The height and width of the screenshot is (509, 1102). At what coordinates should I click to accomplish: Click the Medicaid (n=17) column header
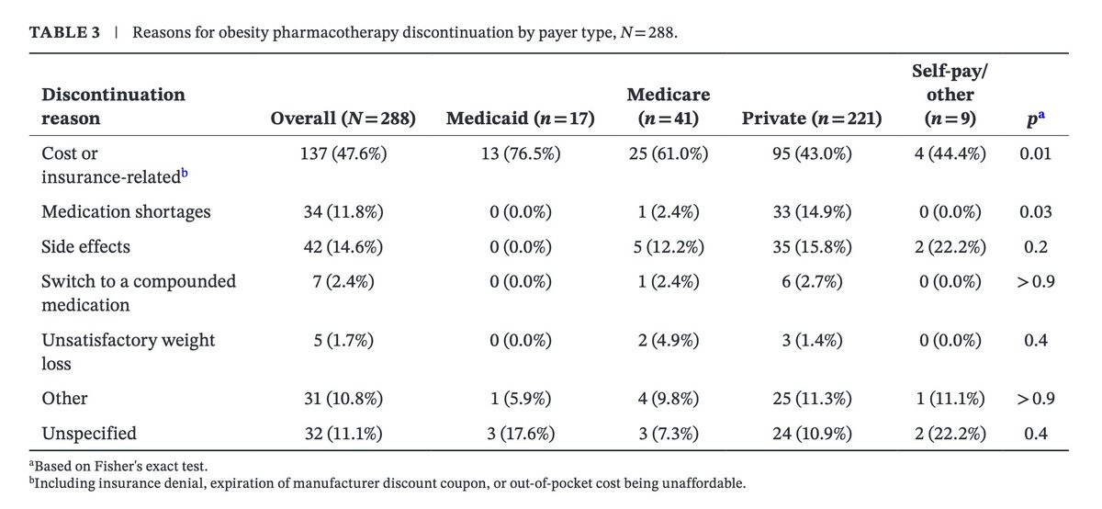click(x=521, y=119)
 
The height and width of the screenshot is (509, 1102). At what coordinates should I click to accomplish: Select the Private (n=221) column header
click(x=812, y=119)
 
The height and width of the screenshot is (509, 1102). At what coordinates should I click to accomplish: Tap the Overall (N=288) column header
click(x=343, y=119)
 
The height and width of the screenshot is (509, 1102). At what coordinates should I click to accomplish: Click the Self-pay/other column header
click(x=950, y=95)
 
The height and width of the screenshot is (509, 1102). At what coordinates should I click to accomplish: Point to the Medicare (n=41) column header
click(x=669, y=107)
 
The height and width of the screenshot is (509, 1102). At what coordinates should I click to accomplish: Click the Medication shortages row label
click(x=126, y=211)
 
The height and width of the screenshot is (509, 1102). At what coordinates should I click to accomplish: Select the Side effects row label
click(x=85, y=246)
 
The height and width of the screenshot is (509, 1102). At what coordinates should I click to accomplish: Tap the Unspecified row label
click(x=89, y=433)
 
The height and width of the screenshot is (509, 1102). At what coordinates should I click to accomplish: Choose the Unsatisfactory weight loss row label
click(x=128, y=352)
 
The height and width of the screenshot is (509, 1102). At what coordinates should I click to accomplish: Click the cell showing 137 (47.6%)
click(x=343, y=153)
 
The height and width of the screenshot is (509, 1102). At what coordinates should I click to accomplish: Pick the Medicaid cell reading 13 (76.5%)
click(x=521, y=153)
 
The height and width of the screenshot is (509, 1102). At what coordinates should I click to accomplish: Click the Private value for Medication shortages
click(x=812, y=211)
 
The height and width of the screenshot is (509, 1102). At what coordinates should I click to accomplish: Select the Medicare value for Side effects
click(x=669, y=246)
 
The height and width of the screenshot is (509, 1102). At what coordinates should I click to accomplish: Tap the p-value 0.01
click(x=1035, y=153)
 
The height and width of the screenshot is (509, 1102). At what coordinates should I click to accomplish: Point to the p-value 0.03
click(x=1035, y=211)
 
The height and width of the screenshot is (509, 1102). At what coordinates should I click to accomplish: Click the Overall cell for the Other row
click(x=343, y=398)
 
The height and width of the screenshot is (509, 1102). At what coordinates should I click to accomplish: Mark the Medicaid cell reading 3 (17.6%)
click(x=521, y=433)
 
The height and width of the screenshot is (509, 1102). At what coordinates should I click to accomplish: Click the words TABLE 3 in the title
click(x=64, y=32)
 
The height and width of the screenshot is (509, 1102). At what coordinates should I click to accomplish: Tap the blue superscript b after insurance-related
click(x=185, y=173)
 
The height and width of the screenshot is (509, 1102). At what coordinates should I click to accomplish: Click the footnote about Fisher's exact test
click(x=118, y=466)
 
